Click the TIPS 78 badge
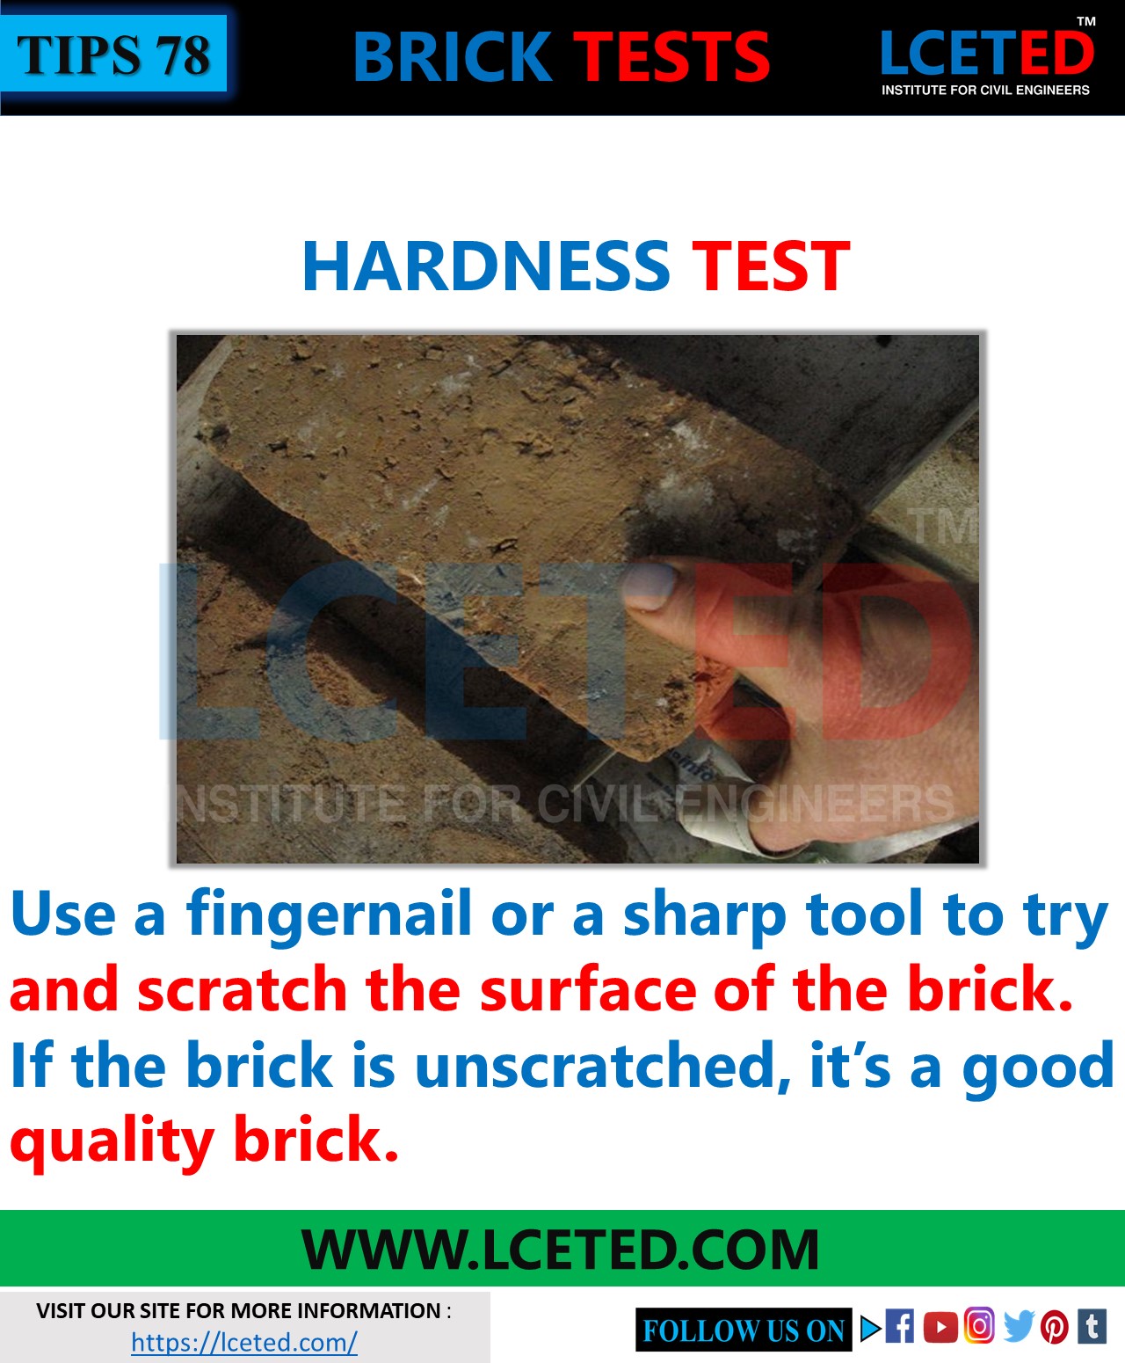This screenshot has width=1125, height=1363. pyautogui.click(x=113, y=55)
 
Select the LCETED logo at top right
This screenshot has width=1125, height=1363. pyautogui.click(x=986, y=54)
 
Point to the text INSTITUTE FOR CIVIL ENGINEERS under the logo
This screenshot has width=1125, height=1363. pyautogui.click(x=985, y=90)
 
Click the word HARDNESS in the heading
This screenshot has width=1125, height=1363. pyautogui.click(x=486, y=266)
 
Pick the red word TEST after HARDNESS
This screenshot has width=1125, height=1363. pyautogui.click(x=771, y=266)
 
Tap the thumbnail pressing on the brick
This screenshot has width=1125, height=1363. pyautogui.click(x=649, y=587)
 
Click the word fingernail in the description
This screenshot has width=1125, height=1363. pyautogui.click(x=329, y=915)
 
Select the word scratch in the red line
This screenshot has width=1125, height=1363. pyautogui.click(x=243, y=990)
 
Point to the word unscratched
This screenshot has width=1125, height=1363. pyautogui.click(x=594, y=1066)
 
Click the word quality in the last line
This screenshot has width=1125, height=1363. pyautogui.click(x=112, y=1141)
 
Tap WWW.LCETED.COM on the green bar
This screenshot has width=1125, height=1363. pyautogui.click(x=561, y=1250)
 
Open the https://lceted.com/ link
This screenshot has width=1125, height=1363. pyautogui.click(x=243, y=1343)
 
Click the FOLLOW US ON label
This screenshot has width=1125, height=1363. pyautogui.click(x=743, y=1330)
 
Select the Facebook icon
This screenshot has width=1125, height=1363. pyautogui.click(x=899, y=1326)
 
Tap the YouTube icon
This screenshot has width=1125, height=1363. pyautogui.click(x=940, y=1327)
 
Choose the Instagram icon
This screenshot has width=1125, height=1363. pyautogui.click(x=979, y=1325)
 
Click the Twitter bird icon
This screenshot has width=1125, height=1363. pyautogui.click(x=1018, y=1326)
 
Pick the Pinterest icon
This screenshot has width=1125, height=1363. pyautogui.click(x=1054, y=1327)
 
